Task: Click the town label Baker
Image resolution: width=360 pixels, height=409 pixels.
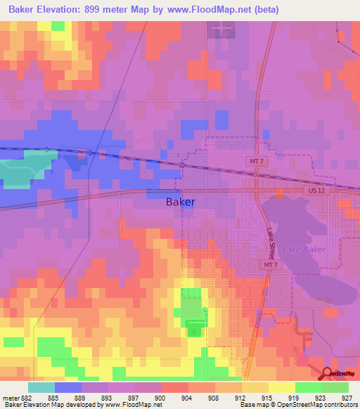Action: [x=180, y=202]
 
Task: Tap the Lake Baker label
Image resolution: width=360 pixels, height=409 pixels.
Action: [x=299, y=249]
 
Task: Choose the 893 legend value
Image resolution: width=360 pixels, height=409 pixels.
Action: [x=107, y=398]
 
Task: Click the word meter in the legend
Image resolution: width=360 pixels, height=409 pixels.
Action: [x=8, y=398]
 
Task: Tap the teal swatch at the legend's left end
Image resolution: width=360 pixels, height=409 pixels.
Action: [x=41, y=387]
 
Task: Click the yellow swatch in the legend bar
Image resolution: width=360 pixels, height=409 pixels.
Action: [x=255, y=387]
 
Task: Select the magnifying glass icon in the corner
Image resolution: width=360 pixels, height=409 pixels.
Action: [x=328, y=374]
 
